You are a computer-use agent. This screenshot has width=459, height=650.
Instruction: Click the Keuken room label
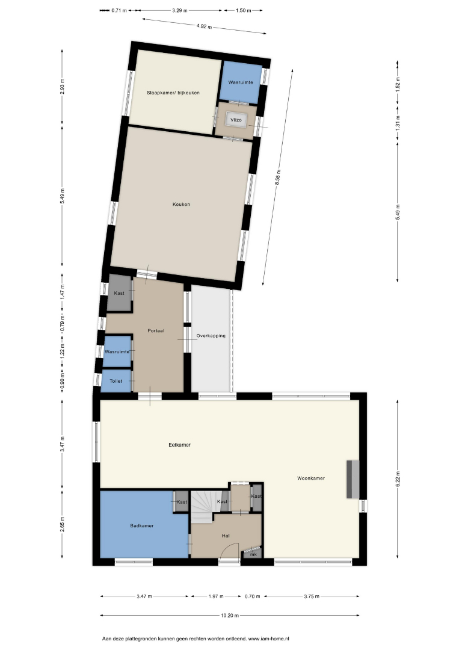point(182,204)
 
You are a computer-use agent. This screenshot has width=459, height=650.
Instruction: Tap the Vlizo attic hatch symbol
point(236,120)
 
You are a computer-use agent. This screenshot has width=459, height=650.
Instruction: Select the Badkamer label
point(142,525)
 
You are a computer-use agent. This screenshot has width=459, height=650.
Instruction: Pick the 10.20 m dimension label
point(230,616)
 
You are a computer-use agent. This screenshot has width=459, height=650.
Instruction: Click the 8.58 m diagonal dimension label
point(278,177)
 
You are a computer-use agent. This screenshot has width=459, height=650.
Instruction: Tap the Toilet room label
point(116,381)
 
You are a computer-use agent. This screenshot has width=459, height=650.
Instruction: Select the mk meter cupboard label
point(253,554)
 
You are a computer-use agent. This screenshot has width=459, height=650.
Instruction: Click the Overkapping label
point(211,336)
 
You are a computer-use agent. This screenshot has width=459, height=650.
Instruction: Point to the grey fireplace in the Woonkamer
point(353,479)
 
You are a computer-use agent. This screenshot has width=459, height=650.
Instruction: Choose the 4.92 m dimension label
point(204,26)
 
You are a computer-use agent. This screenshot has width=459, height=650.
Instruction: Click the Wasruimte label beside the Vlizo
point(241,82)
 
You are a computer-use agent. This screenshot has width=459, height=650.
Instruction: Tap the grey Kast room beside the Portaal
point(120,293)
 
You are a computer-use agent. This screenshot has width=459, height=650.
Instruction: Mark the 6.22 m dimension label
point(398,479)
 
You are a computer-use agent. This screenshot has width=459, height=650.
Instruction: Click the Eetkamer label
point(180,445)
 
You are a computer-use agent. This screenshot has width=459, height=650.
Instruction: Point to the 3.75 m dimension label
point(312,596)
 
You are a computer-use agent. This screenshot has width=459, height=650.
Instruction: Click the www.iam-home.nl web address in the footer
point(268,639)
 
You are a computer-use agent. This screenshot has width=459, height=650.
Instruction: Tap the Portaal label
point(156,331)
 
